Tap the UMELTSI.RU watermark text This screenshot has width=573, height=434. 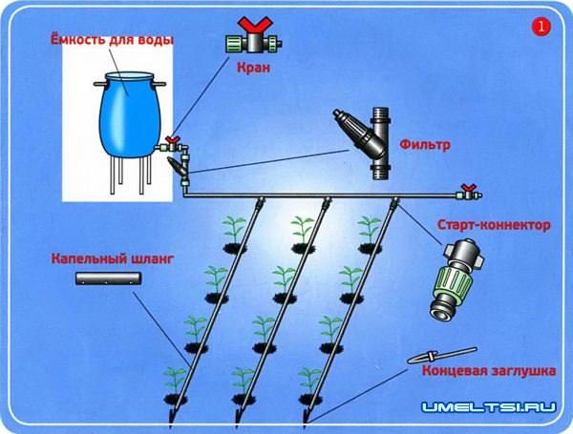490,407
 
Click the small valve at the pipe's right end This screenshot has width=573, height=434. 466,192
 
